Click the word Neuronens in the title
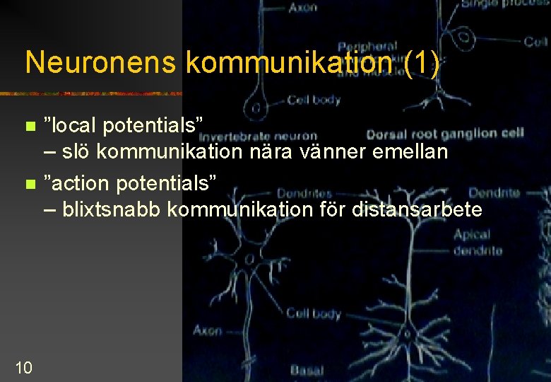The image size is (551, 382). pos(100,63)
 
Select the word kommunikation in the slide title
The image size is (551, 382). pos(288,63)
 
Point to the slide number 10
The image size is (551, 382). pos(23,367)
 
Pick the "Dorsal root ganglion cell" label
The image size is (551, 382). pos(444,132)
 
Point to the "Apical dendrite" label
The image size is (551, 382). pos(478,242)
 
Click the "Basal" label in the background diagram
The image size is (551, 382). pos(306,369)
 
